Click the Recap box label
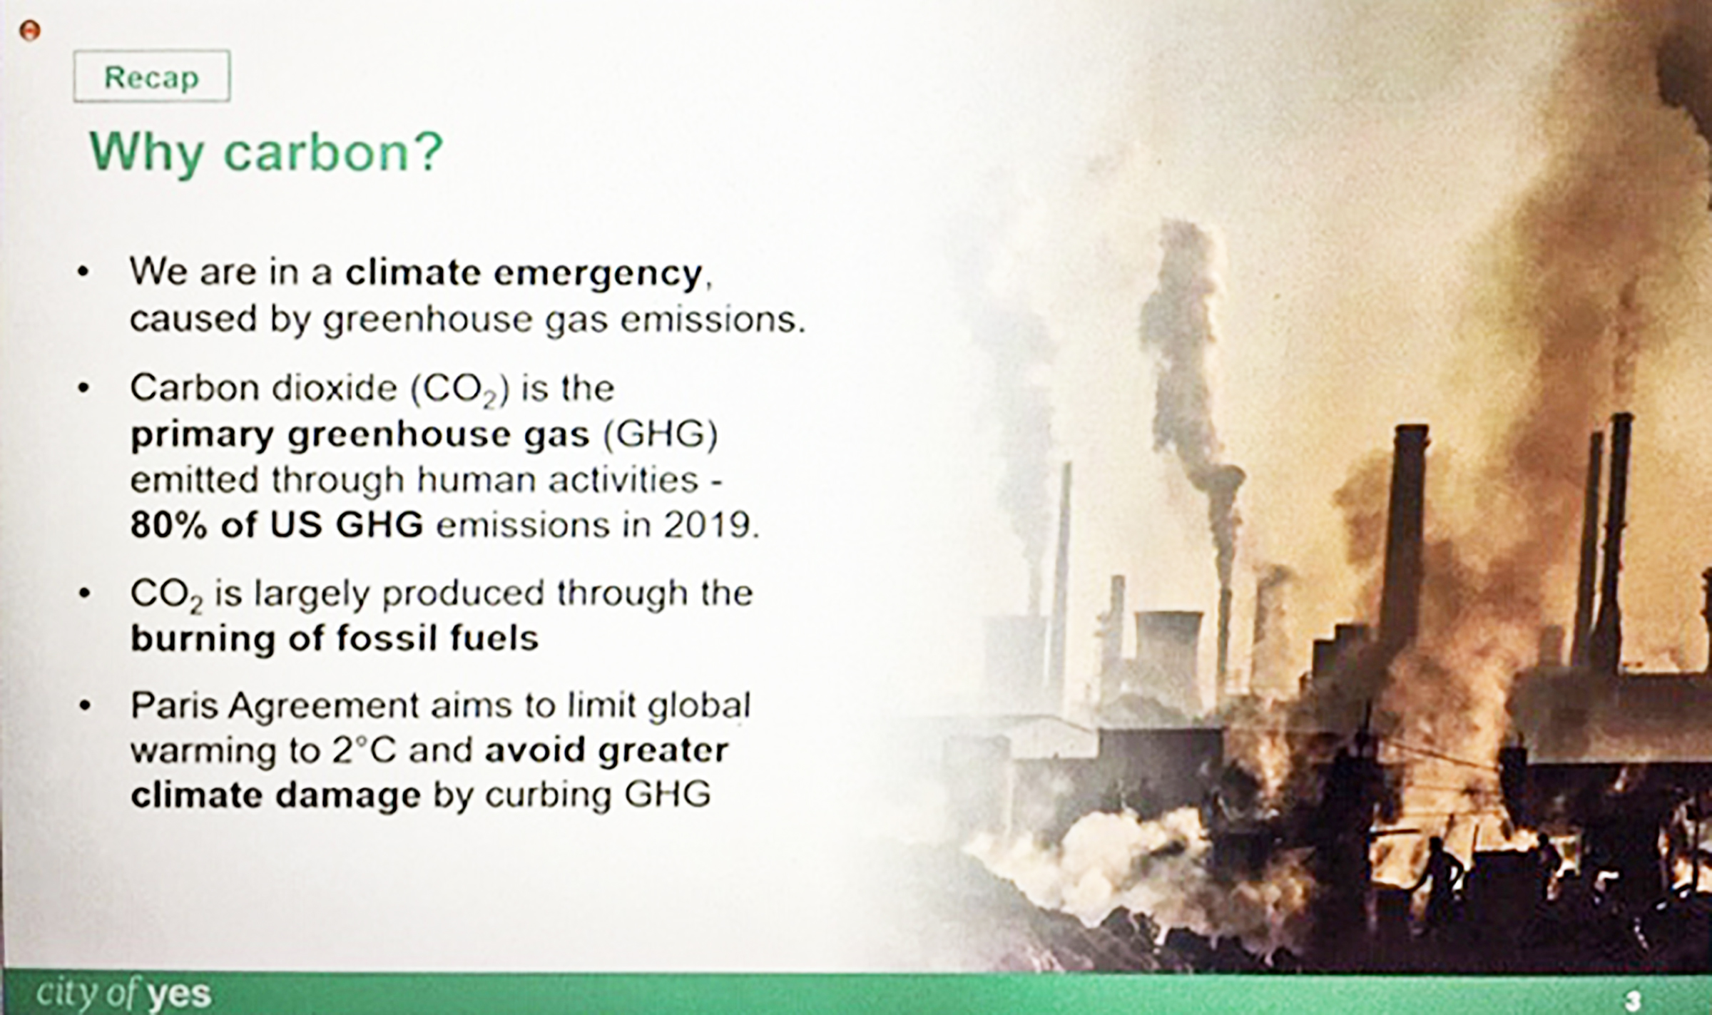point(151,76)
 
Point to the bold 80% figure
point(169,526)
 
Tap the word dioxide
point(333,389)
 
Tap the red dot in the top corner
point(29,31)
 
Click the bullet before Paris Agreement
point(85,706)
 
